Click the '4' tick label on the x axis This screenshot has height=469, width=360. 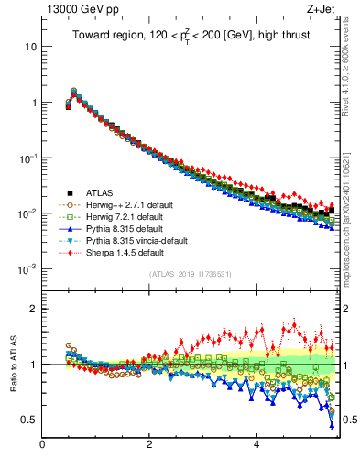[256, 446]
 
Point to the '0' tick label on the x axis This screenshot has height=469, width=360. [42, 446]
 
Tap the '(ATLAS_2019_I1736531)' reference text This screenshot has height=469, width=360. [189, 274]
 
